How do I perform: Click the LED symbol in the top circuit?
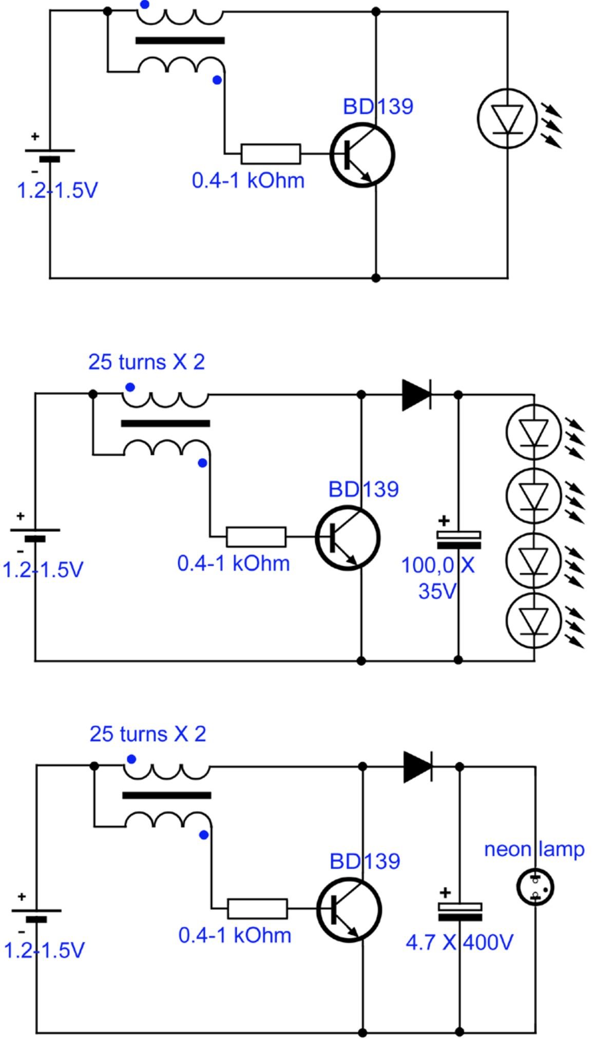tap(507, 119)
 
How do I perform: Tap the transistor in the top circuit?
tap(362, 155)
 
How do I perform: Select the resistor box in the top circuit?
tap(271, 153)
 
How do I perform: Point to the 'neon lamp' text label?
tap(534, 850)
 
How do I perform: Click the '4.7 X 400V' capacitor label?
tap(459, 942)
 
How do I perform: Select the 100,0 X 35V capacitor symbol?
tap(458, 539)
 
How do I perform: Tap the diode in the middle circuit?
tap(416, 395)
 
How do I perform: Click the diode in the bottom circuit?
tap(417, 766)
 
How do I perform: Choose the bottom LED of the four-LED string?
tap(533, 621)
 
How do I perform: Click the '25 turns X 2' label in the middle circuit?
tap(146, 362)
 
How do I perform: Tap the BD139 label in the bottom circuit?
tap(365, 861)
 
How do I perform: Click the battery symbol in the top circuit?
tap(50, 155)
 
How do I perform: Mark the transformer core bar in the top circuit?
tap(180, 41)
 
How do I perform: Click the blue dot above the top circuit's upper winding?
tap(145, 5)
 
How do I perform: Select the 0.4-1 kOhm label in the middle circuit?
tap(234, 564)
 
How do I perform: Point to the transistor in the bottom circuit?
tap(349, 910)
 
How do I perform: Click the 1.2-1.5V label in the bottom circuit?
tap(44, 951)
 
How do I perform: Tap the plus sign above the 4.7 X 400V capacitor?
tap(445, 893)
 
